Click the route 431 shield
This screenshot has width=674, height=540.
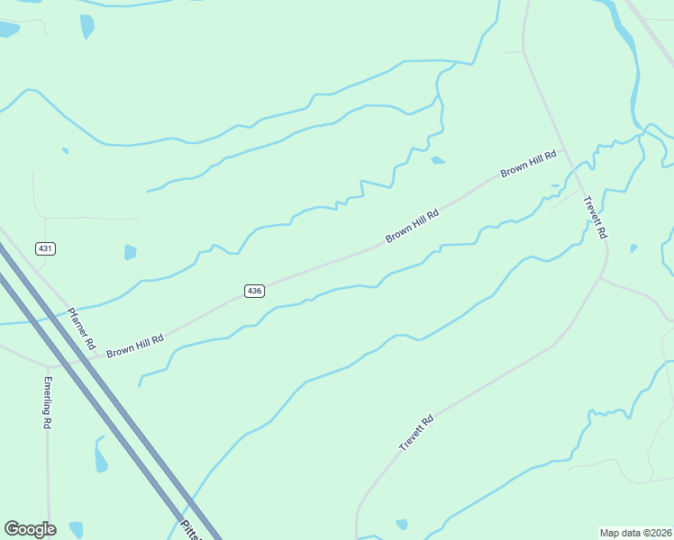click(x=46, y=247)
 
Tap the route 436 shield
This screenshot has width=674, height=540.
click(x=254, y=291)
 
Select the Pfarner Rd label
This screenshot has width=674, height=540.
click(x=82, y=326)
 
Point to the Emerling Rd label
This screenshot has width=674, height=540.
click(x=47, y=401)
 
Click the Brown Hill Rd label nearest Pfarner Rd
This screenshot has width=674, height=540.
click(x=135, y=346)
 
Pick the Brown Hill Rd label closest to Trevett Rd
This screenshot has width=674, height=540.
click(x=529, y=164)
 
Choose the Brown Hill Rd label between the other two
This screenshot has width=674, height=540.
click(x=412, y=226)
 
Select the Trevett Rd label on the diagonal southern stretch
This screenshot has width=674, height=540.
click(x=416, y=433)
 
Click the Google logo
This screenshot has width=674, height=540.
click(x=30, y=529)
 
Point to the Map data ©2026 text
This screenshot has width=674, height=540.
click(x=635, y=532)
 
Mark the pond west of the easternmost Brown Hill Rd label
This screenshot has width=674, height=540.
click(x=438, y=161)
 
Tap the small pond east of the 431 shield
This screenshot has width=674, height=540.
click(x=130, y=252)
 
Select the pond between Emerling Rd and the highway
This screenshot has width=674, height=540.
click(x=100, y=459)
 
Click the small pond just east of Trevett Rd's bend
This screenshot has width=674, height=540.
click(x=633, y=248)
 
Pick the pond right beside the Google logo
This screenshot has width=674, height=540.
click(x=76, y=529)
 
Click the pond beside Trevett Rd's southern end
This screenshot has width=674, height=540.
click(x=402, y=524)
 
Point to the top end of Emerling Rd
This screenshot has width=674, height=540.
click(x=48, y=368)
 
